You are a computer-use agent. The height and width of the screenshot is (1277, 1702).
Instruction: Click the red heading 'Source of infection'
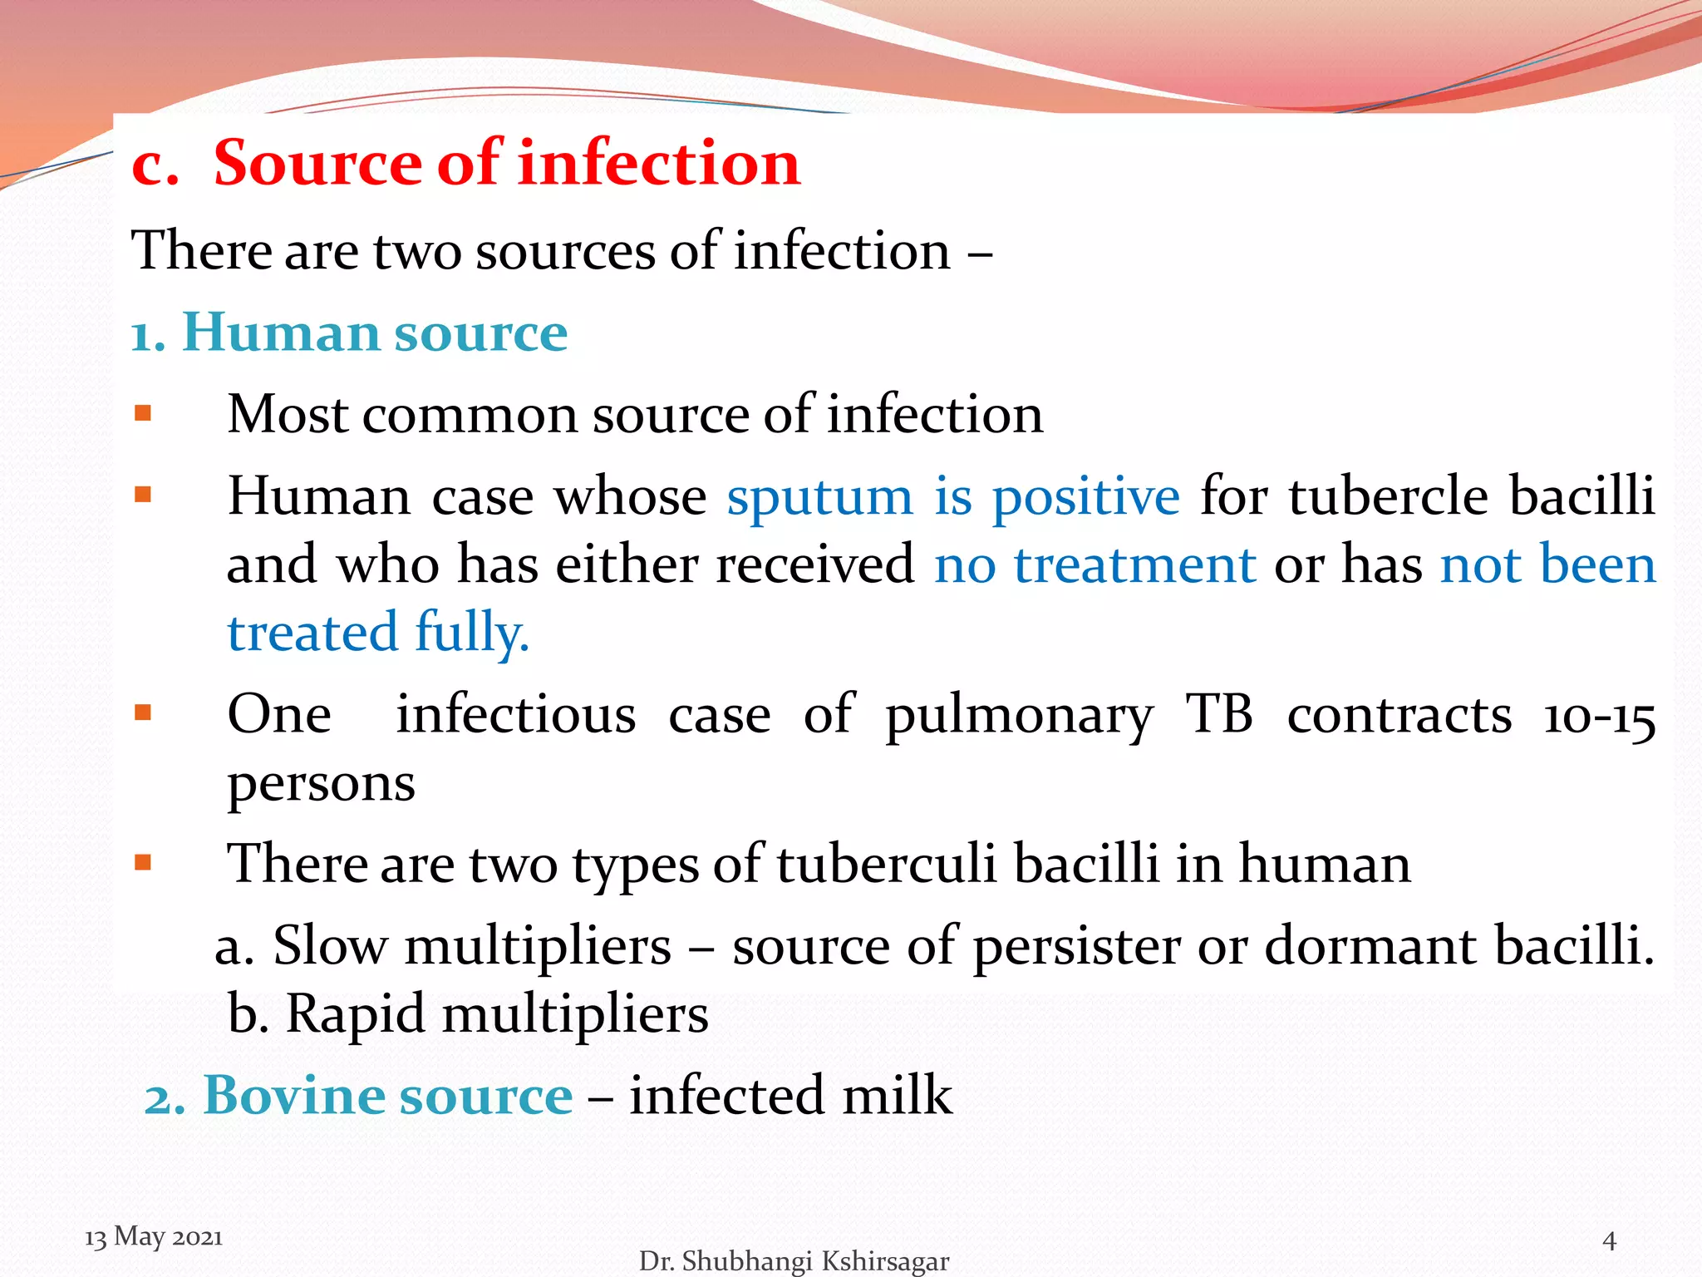coord(506,163)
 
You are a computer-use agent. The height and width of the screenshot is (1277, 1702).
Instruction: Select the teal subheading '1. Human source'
coord(349,333)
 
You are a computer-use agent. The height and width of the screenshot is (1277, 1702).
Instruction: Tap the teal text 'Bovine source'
coord(387,1095)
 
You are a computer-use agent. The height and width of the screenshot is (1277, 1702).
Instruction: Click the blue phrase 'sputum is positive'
coord(952,497)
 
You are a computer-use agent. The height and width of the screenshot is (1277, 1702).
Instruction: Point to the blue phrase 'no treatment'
coord(1094,565)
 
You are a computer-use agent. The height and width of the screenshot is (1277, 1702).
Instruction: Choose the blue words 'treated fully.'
coord(378,633)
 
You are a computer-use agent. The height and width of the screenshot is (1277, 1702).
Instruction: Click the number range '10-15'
coord(1598,717)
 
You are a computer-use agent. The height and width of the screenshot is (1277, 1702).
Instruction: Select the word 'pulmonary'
coord(1019,717)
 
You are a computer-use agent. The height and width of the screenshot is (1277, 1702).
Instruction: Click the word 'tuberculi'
coord(886,865)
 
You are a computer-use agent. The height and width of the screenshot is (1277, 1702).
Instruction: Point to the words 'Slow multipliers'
coord(471,947)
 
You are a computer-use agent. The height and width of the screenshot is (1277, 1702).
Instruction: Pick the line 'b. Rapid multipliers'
coord(468,1014)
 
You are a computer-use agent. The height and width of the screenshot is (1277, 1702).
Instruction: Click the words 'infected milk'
coord(790,1095)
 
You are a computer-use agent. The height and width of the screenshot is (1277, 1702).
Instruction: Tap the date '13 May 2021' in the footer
coord(154,1236)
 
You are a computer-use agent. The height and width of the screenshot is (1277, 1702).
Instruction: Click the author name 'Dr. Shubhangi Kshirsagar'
coord(793,1261)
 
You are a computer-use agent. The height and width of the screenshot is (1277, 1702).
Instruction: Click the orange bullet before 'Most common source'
coord(143,413)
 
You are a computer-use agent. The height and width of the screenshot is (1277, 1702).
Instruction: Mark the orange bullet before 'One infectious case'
coord(143,713)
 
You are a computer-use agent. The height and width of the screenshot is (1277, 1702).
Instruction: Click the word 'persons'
coord(321,783)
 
